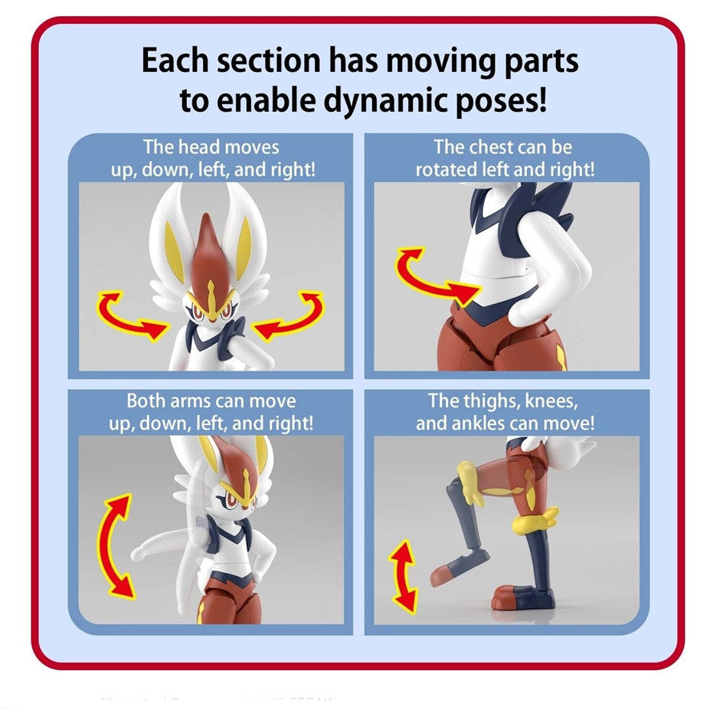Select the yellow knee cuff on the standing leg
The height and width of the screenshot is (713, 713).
531,525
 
